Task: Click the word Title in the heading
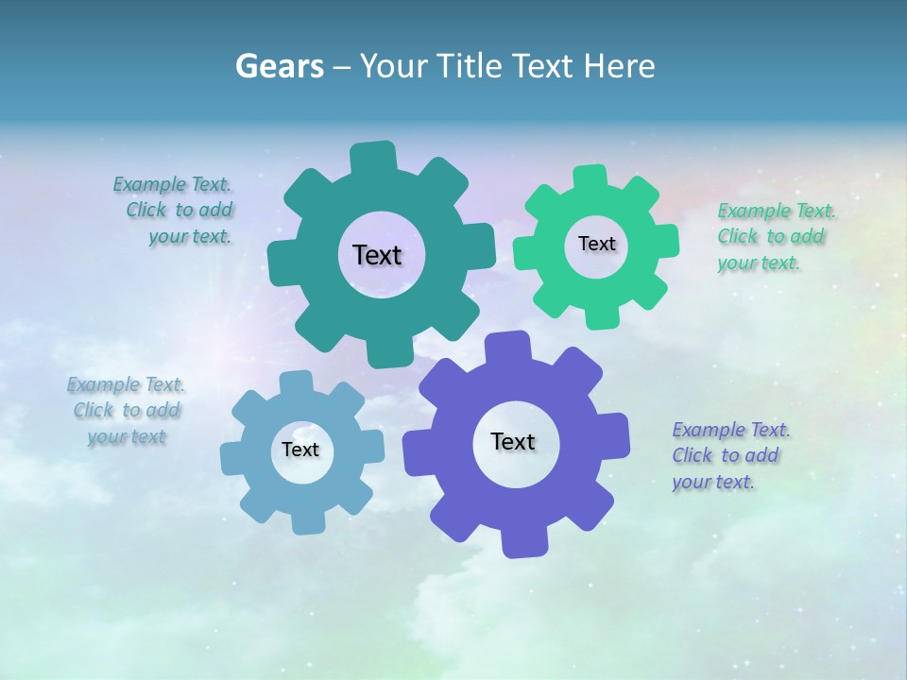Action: click(x=471, y=66)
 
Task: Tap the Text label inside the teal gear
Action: click(x=377, y=255)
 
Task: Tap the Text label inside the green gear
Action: click(x=596, y=244)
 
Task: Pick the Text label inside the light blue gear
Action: click(x=300, y=450)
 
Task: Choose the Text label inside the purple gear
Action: click(x=513, y=441)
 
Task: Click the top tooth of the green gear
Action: click(x=590, y=178)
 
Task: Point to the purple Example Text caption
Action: click(x=729, y=455)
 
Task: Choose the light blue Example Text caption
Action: click(x=127, y=411)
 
